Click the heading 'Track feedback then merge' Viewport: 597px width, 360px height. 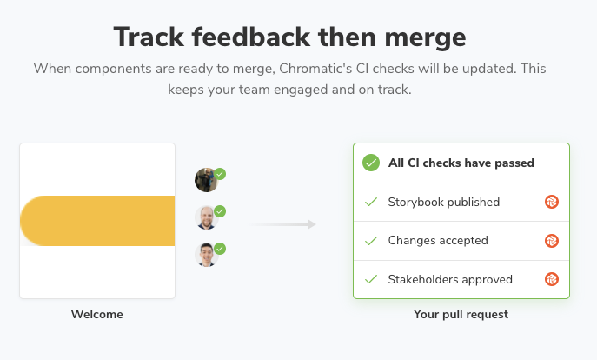289,37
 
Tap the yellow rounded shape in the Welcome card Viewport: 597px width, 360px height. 97,221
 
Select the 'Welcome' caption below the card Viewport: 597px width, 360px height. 97,314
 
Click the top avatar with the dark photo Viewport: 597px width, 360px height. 206,180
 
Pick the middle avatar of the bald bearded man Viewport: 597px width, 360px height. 206,217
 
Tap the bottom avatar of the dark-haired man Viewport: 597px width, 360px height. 206,255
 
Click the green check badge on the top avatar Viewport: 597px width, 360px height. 220,174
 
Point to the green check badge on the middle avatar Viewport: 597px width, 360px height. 220,211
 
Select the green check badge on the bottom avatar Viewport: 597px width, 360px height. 220,249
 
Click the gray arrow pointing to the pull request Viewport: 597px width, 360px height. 282,224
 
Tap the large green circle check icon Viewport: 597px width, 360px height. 371,163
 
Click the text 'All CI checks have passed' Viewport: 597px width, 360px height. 461,163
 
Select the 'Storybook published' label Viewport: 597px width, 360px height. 443,202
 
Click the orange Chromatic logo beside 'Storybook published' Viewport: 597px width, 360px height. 552,202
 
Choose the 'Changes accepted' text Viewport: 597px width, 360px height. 438,240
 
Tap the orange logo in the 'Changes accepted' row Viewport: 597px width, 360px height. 552,241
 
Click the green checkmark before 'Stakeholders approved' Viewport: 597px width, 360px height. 371,279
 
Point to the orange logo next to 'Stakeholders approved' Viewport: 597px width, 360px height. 552,279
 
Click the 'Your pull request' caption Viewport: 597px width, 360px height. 461,314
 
